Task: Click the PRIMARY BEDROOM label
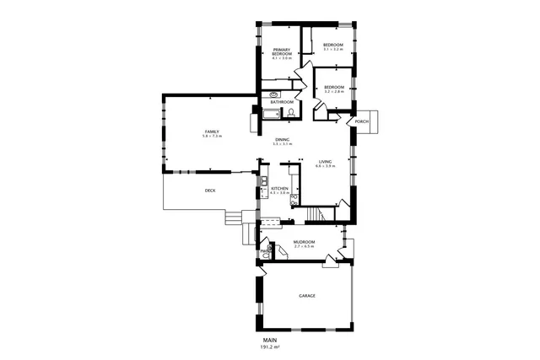282,52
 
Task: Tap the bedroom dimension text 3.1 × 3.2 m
333,50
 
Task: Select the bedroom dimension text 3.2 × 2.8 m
333,92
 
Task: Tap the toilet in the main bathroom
289,114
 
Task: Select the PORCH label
362,121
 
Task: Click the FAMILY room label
211,131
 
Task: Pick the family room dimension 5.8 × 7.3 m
211,136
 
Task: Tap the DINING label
281,139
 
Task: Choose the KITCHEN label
279,189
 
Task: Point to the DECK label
210,191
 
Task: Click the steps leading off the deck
234,218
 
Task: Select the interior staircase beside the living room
315,217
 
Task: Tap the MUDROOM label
304,242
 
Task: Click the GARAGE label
307,296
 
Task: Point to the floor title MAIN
270,340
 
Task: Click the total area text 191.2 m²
270,347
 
